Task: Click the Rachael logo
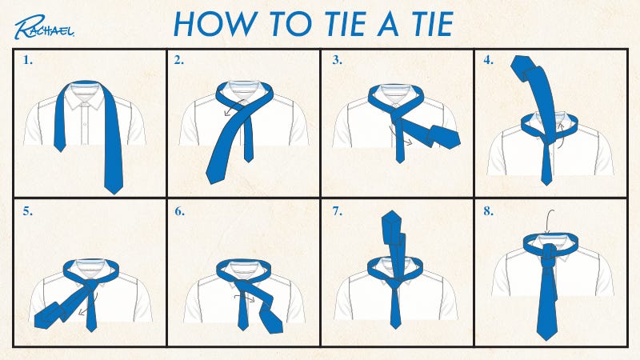pyautogui.click(x=44, y=27)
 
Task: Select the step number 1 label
pyautogui.click(x=27, y=60)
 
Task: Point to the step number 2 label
pyautogui.click(x=178, y=60)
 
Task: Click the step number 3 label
pyautogui.click(x=337, y=60)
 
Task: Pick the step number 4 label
pyautogui.click(x=488, y=60)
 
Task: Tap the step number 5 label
pyautogui.click(x=27, y=211)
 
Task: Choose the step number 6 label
pyautogui.click(x=179, y=211)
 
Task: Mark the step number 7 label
pyautogui.click(x=337, y=211)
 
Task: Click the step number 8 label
pyautogui.click(x=488, y=211)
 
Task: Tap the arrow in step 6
pyautogui.click(x=244, y=296)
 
